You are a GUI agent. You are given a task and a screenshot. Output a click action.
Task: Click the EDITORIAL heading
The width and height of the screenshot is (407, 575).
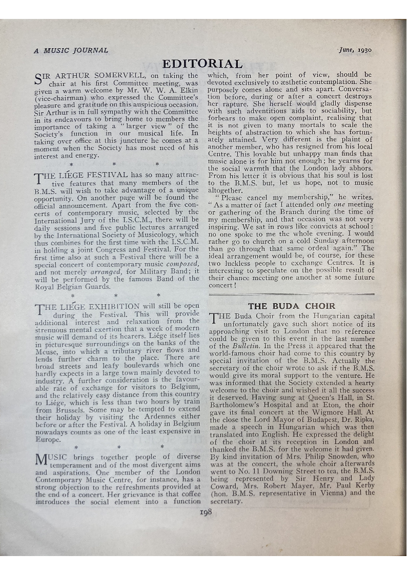[202, 64]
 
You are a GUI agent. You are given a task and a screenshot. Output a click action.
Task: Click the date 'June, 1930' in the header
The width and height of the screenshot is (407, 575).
[355, 50]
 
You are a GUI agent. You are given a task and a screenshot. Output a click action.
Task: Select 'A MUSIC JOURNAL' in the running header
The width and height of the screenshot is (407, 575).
[71, 50]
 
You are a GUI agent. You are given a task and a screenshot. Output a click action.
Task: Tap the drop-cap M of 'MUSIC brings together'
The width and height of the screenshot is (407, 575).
[42, 459]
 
